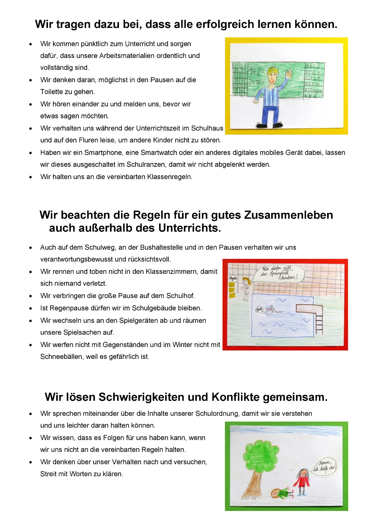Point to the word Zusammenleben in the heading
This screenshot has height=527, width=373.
tap(289, 215)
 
